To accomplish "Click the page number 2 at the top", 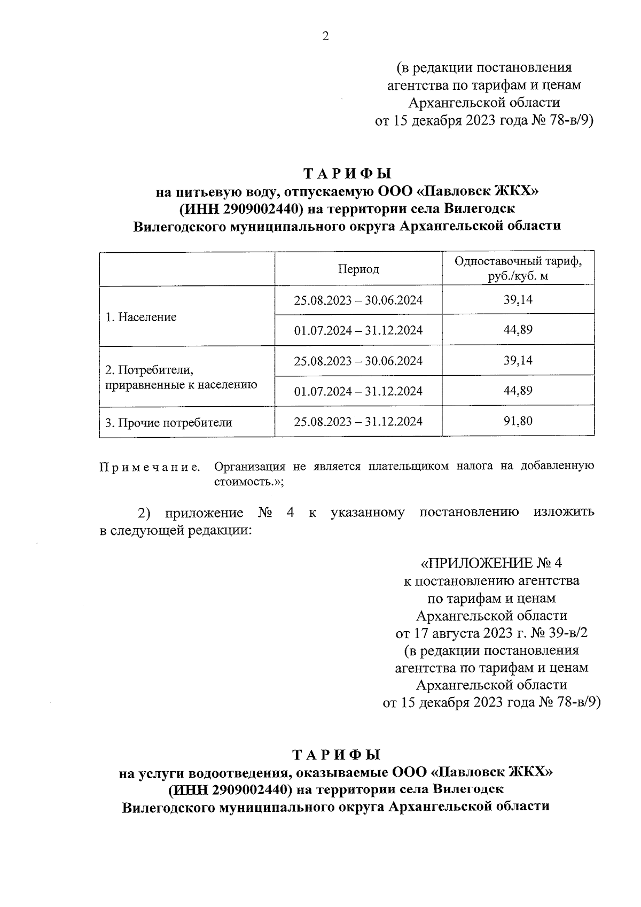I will point(325,36).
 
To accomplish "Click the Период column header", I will point(358,269).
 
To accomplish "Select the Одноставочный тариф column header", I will point(518,269).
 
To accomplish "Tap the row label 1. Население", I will point(141,317).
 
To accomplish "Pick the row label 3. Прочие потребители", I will point(169,423).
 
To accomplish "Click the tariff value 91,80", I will point(518,421).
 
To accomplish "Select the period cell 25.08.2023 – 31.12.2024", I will point(358,422).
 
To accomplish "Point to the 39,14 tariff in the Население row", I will point(518,300).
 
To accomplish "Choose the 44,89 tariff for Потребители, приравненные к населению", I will point(518,391).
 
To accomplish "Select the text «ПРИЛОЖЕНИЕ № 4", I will point(491,563).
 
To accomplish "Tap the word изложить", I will point(564,513).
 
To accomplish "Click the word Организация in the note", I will point(249,466).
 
